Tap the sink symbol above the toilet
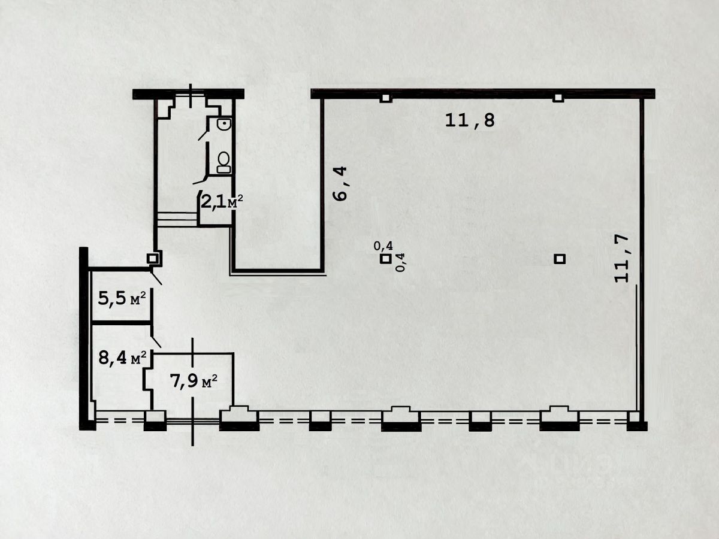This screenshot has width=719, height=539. tap(223, 125)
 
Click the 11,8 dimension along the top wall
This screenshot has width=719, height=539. tap(470, 120)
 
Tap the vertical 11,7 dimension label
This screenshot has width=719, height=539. tap(623, 258)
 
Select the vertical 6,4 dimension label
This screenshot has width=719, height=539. tap(340, 184)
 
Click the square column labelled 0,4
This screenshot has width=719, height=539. tap(386, 259)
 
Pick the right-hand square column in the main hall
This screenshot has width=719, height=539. tap(560, 259)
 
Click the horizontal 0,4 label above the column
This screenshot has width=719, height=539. tap(383, 246)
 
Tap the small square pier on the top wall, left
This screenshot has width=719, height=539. tap(386, 98)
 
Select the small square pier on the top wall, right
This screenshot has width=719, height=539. tap(558, 98)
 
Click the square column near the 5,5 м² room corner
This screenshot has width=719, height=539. tap(154, 258)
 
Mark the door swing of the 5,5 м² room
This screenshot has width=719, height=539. tap(155, 277)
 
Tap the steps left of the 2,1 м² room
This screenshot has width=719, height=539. tap(177, 219)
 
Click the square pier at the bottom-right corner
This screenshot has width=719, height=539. tap(634, 418)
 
